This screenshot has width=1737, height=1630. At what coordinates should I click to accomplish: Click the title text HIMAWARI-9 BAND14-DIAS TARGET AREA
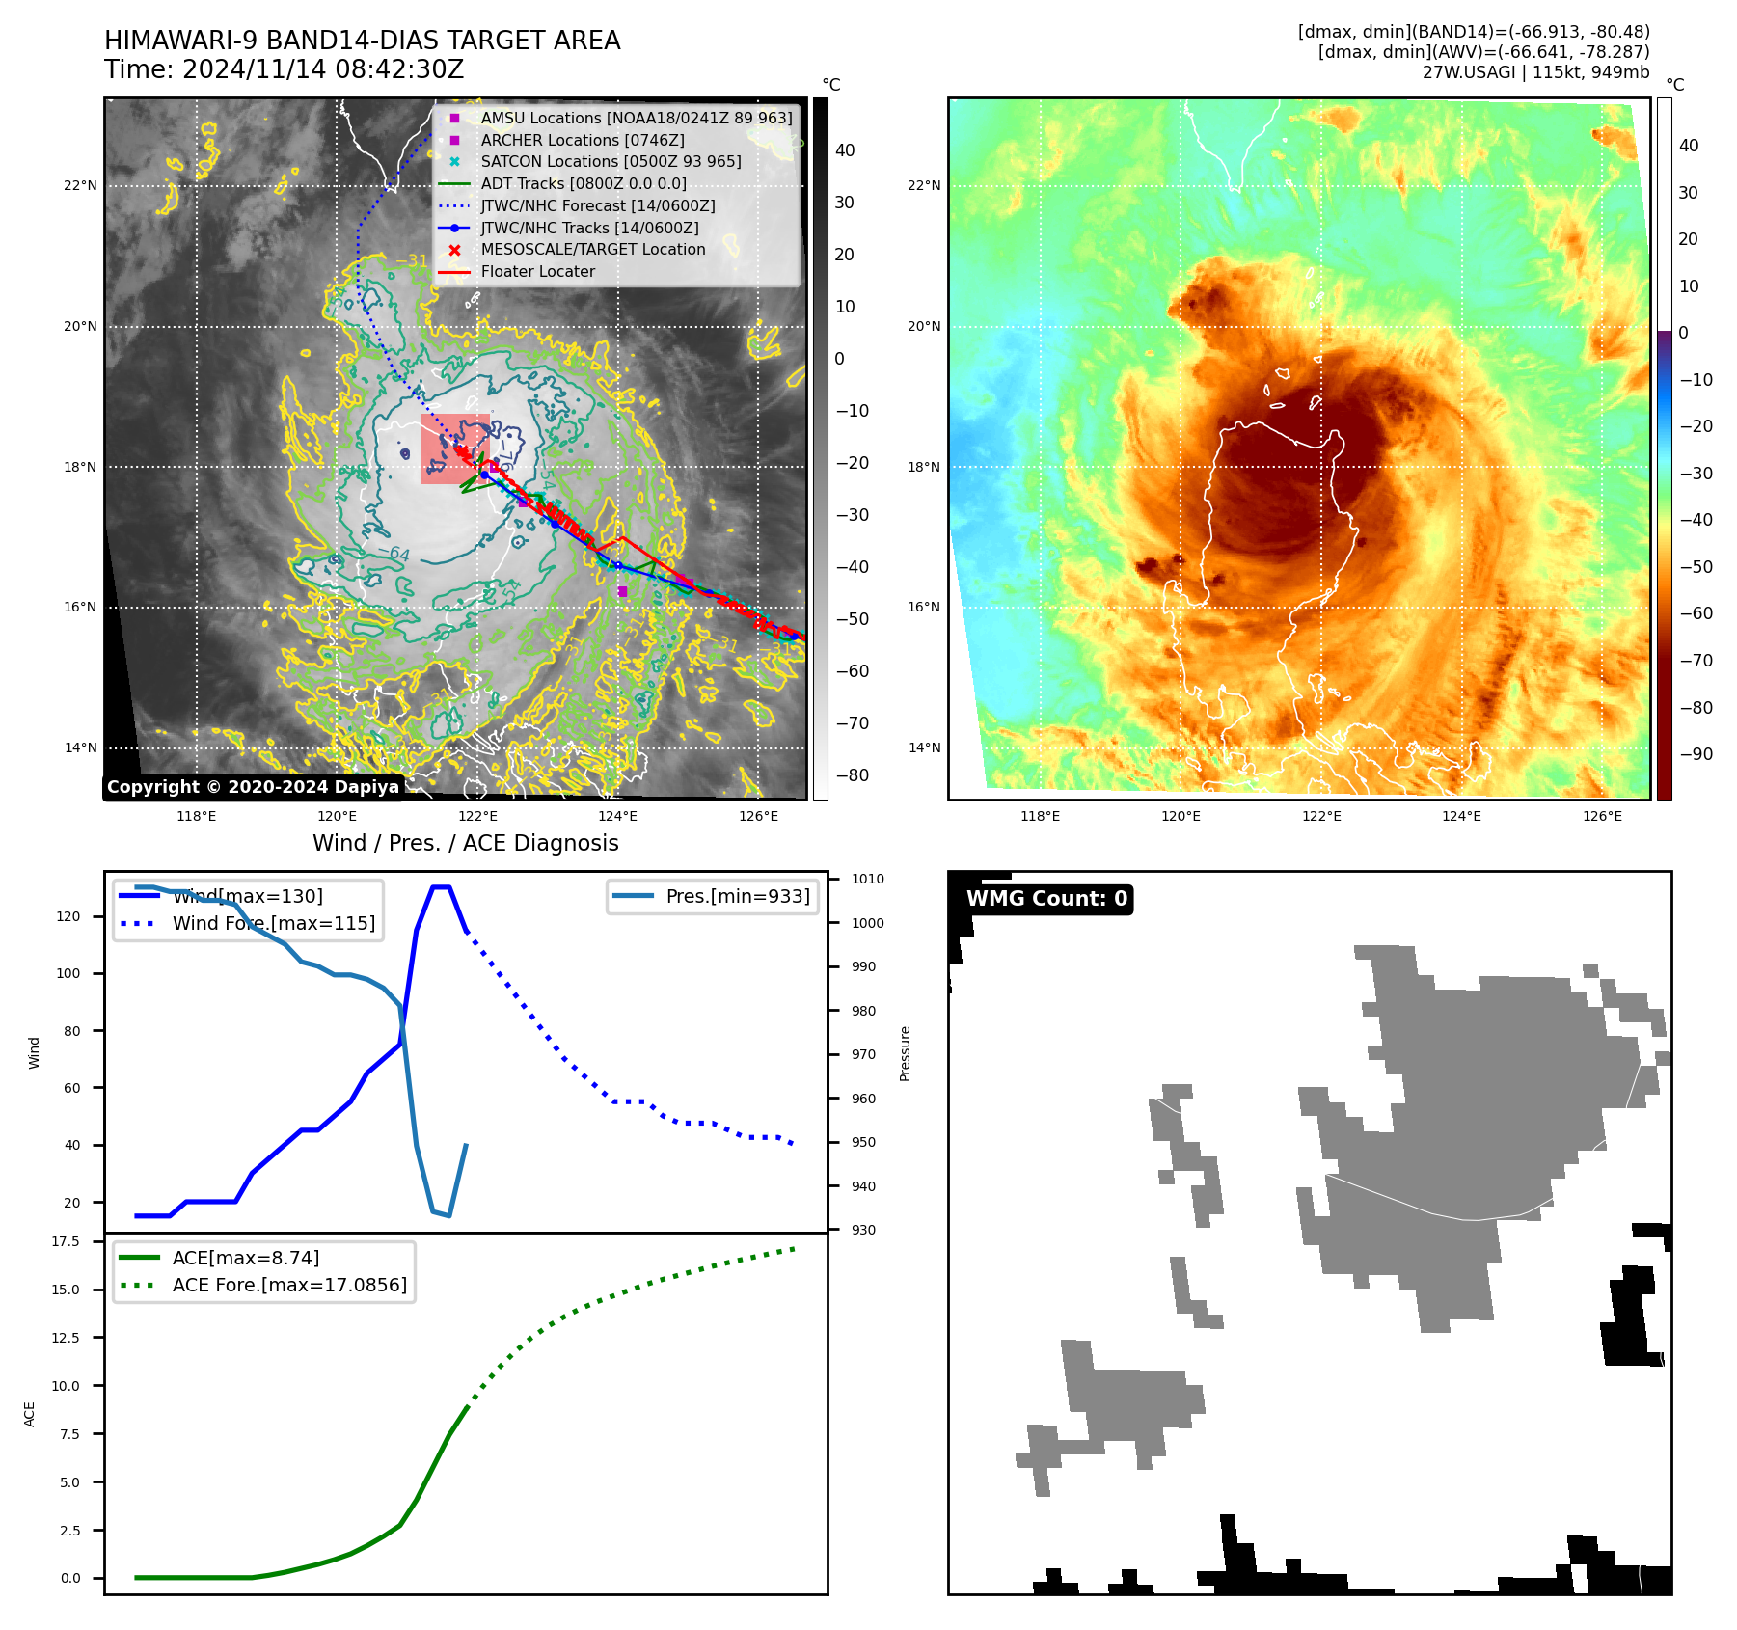pos(362,41)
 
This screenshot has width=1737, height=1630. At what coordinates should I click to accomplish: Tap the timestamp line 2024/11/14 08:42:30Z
pos(322,69)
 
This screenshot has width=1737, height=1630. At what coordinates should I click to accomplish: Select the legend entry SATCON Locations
pos(611,161)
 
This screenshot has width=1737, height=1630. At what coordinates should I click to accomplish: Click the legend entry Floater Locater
pos(537,271)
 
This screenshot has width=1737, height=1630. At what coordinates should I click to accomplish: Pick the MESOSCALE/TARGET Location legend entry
pos(592,249)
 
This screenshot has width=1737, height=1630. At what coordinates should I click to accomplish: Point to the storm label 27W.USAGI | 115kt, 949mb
pos(1535,72)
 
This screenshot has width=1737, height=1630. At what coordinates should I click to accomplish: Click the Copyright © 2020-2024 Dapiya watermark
pos(253,787)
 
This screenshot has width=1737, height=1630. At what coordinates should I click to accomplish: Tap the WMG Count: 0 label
pos(1046,899)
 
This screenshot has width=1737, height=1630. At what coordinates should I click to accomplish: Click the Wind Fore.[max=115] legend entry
pos(273,923)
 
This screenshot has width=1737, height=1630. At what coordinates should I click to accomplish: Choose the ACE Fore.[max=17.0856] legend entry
pos(288,1285)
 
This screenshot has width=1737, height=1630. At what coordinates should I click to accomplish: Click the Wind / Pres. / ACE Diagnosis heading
pos(465,843)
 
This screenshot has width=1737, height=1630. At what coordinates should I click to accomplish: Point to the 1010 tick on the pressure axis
pos(867,879)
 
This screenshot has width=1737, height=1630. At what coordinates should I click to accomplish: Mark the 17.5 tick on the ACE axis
pos(66,1241)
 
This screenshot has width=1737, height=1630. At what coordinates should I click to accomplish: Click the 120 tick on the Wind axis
pos(68,916)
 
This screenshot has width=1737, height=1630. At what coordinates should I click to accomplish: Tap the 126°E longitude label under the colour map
pos(1602,816)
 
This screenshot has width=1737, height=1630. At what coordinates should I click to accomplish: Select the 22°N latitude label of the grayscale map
pos(80,185)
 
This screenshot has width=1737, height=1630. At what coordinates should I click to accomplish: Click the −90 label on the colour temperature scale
pos(1696,754)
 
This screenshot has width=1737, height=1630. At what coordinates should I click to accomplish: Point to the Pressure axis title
pos(905,1053)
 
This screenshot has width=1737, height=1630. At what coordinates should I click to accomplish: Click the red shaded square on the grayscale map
pos(454,448)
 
